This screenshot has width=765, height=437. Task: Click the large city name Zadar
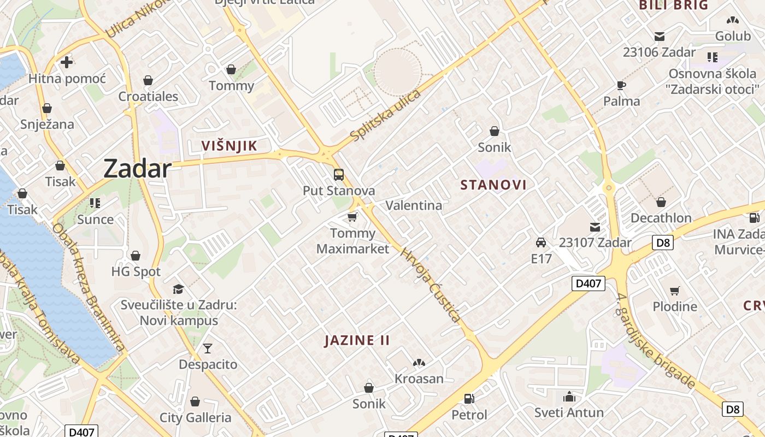137,169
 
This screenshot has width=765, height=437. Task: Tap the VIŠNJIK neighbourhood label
229,146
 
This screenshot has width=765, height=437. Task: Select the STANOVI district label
493,185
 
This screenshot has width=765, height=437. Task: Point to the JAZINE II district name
357,340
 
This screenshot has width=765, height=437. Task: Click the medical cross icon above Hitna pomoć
67,62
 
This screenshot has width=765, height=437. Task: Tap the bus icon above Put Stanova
339,175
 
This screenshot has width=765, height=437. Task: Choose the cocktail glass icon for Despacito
208,348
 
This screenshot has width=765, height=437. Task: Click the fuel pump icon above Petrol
469,399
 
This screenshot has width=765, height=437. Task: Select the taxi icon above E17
541,243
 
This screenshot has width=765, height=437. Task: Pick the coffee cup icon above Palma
621,85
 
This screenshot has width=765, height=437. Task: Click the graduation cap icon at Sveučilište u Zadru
178,289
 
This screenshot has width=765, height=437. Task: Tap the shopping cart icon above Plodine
675,291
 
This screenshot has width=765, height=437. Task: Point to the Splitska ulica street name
386,116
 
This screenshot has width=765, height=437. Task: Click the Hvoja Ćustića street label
431,285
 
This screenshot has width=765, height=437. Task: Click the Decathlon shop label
661,218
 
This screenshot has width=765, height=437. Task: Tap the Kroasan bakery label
419,379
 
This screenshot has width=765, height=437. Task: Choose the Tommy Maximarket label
353,241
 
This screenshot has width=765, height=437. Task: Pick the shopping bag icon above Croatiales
148,80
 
